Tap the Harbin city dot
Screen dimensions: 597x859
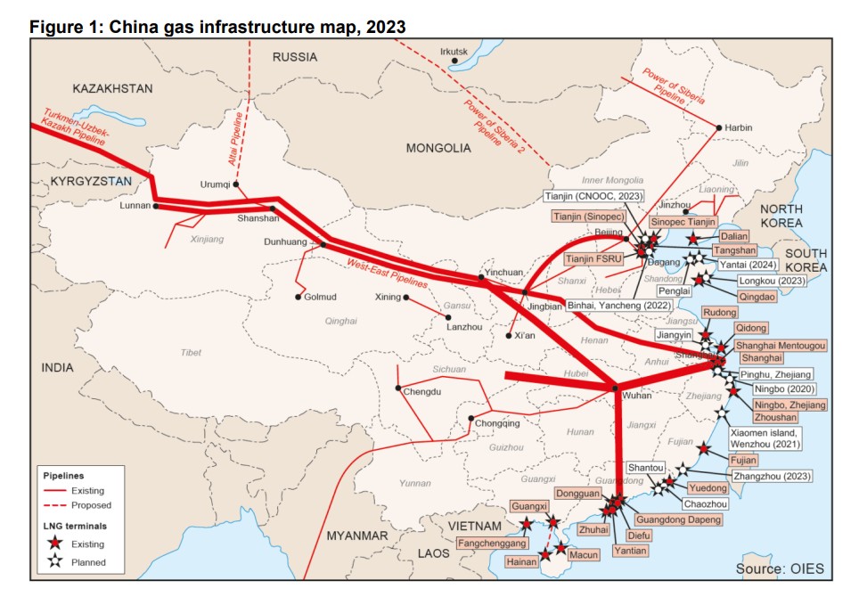click(x=719, y=128)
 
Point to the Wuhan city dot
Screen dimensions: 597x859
click(x=615, y=387)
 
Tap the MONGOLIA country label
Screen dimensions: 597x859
click(x=438, y=148)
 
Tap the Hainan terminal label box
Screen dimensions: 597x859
click(x=521, y=561)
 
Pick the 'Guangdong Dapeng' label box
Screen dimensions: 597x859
click(x=677, y=519)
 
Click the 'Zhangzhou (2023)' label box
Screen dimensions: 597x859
click(x=771, y=477)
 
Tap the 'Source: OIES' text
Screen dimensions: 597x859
click(x=780, y=568)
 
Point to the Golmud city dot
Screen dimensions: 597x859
click(x=299, y=297)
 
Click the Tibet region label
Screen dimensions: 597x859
click(x=191, y=353)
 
